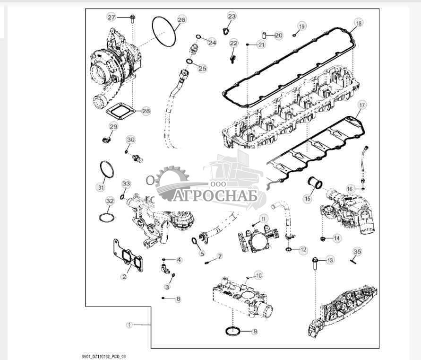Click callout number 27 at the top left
point(111,18)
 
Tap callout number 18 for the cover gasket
point(359,23)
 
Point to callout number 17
point(362,105)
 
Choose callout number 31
point(101,187)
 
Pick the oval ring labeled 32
point(106,218)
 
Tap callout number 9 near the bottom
point(255,332)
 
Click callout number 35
point(357,252)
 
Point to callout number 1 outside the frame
point(129,325)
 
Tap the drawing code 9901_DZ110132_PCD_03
point(103,357)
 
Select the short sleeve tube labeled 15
point(315,183)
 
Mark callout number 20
point(279,35)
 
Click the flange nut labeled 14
point(323,238)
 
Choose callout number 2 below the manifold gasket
point(123,276)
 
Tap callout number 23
point(232,17)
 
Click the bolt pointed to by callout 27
point(132,18)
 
